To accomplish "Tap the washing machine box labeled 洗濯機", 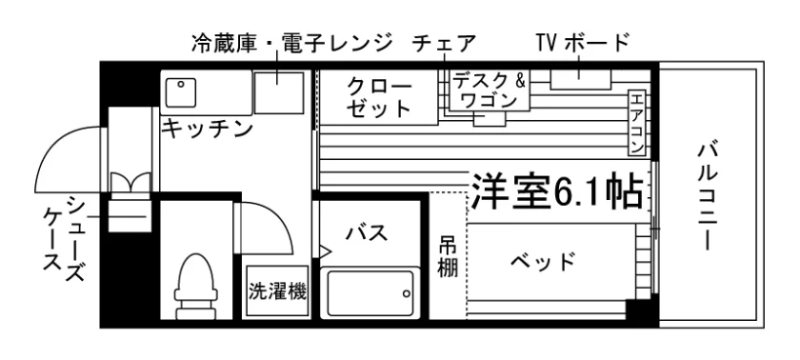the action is click(277, 291).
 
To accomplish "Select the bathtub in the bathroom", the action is click(370, 293).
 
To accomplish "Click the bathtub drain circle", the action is click(406, 293).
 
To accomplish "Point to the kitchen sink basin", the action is click(181, 91).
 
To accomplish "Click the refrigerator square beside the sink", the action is click(279, 92).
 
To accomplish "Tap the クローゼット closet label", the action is click(379, 97).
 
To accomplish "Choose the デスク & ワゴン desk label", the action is click(490, 90).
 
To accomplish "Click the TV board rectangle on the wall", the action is click(581, 80).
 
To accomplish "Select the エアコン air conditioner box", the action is click(637, 124).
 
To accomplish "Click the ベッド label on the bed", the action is click(544, 262).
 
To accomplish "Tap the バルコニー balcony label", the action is click(709, 197).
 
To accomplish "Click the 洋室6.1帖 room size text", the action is click(556, 190).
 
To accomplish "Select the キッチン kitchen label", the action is click(208, 130).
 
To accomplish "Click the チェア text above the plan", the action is click(444, 44).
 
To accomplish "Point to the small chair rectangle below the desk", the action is click(490, 119).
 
